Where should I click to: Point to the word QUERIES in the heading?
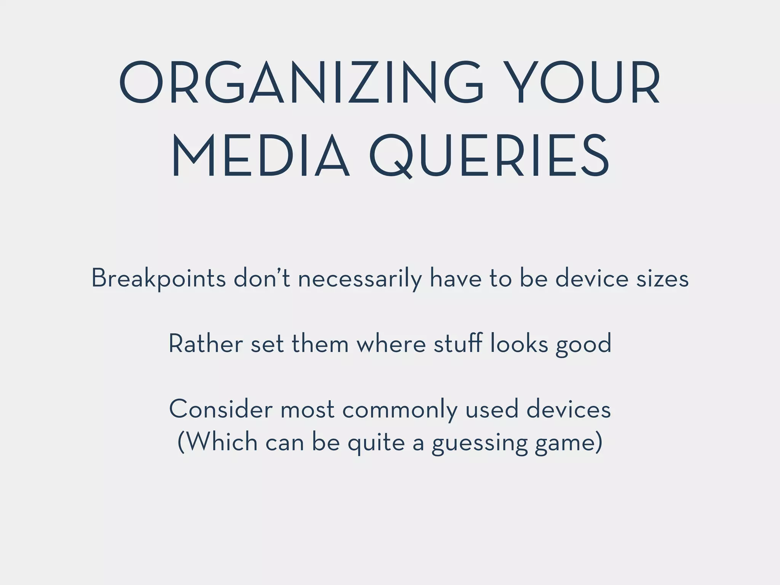click(x=489, y=157)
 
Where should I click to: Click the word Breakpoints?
click(x=159, y=278)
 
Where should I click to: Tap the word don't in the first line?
click(x=262, y=278)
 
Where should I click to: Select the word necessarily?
click(x=360, y=278)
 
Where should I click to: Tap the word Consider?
click(x=221, y=410)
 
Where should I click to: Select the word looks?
click(x=519, y=344)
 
